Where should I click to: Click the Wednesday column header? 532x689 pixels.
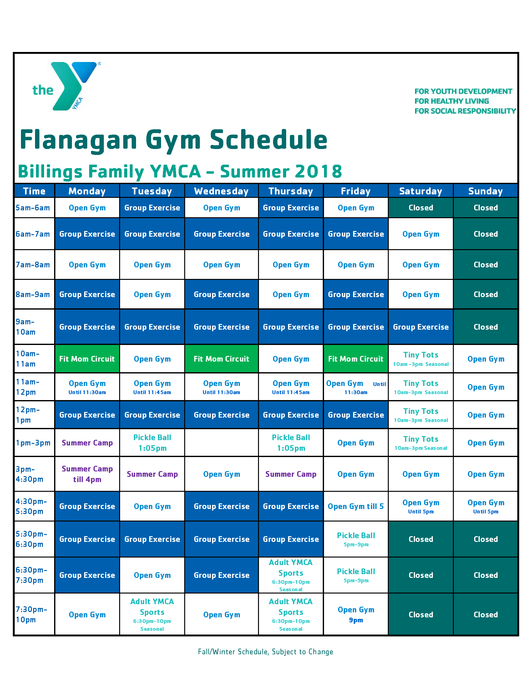pos(221,191)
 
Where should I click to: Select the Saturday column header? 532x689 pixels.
pos(420,191)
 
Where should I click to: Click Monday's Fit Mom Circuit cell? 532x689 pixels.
pos(87,359)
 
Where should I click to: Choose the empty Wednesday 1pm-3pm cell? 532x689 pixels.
pos(221,443)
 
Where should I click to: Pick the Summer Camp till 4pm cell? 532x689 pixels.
pos(87,474)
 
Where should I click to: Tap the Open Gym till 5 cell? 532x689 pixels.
pos(356,506)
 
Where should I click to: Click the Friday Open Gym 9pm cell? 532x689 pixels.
pos(356,614)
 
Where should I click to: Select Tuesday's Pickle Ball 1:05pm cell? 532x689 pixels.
pos(152,443)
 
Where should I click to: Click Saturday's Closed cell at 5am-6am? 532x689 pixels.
pos(420,208)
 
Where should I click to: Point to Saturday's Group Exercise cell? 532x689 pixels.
pos(420,327)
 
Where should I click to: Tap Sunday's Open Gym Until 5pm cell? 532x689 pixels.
pos(485,506)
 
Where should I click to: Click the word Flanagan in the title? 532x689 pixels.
pos(79,140)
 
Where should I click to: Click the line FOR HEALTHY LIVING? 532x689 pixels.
pos(451,101)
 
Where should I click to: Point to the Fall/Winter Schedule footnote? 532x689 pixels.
pos(265,652)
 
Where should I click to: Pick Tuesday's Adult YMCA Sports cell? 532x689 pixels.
pos(152,614)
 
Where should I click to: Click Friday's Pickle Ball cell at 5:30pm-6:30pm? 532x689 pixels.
pos(356,539)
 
